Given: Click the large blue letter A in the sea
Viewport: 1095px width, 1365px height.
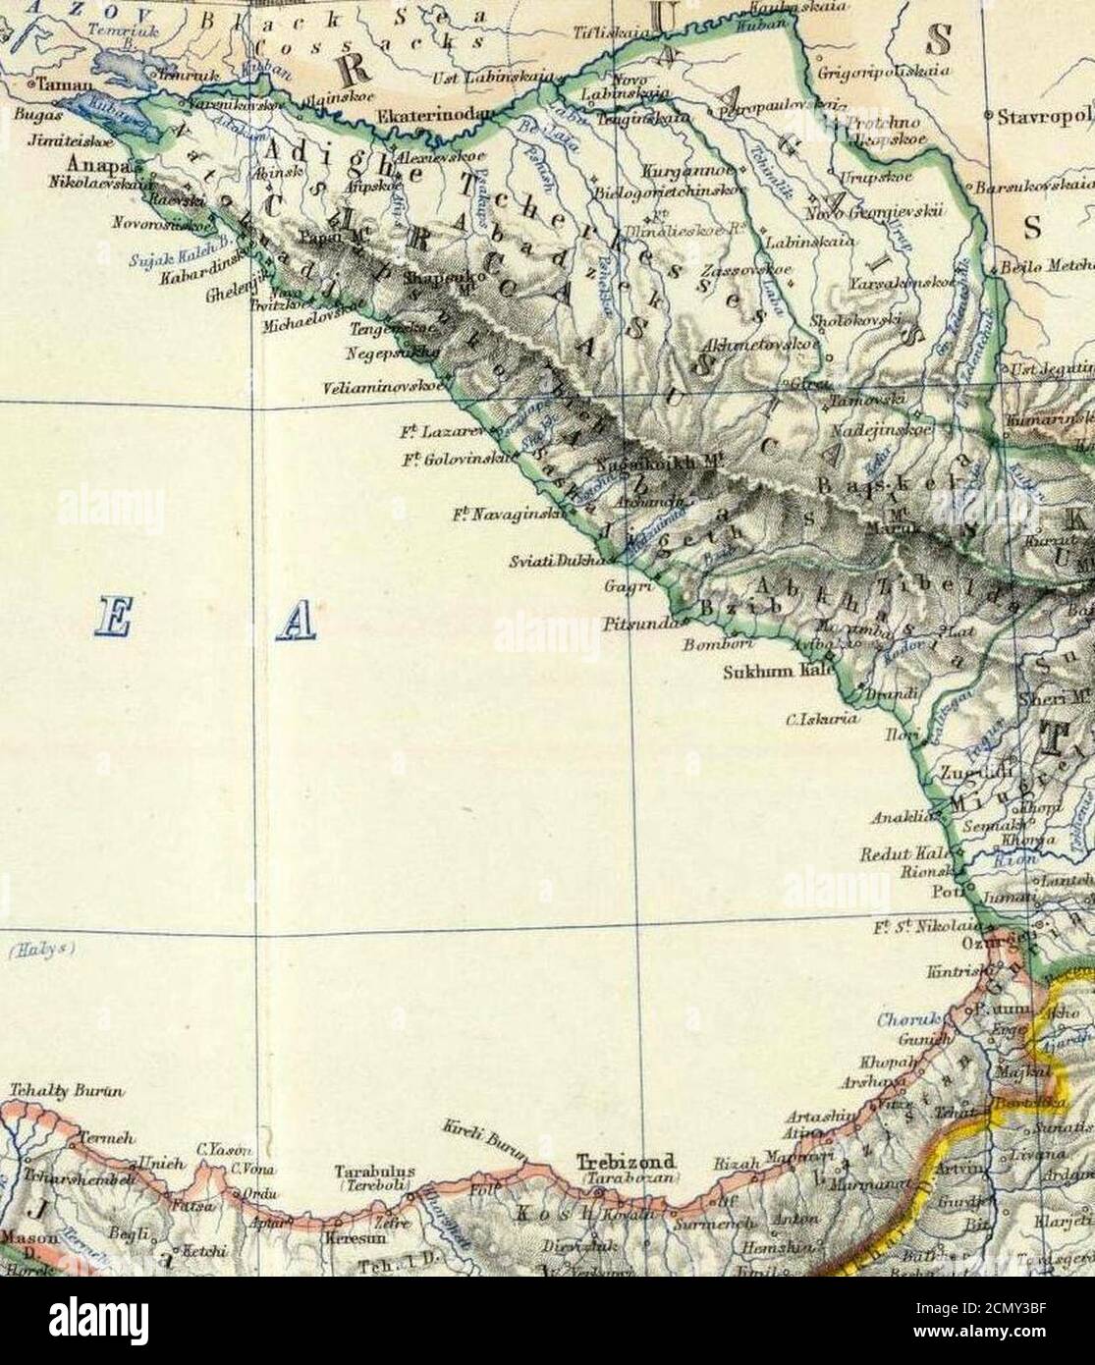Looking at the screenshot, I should [x=298, y=624].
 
